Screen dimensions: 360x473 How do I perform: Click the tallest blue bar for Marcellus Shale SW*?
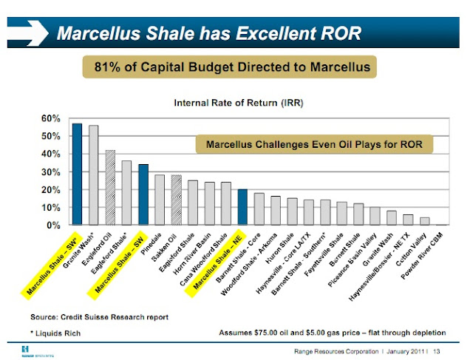(77, 174)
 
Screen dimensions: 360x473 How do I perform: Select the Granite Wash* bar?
(93, 175)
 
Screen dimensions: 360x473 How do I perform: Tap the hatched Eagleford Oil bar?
(110, 187)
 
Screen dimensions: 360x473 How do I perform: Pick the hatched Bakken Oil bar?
(176, 200)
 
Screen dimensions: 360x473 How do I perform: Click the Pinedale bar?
(160, 200)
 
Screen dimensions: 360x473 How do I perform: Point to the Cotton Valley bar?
(424, 220)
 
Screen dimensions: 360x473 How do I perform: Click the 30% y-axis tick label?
(52, 171)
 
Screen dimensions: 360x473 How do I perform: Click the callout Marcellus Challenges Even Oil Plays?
(314, 144)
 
